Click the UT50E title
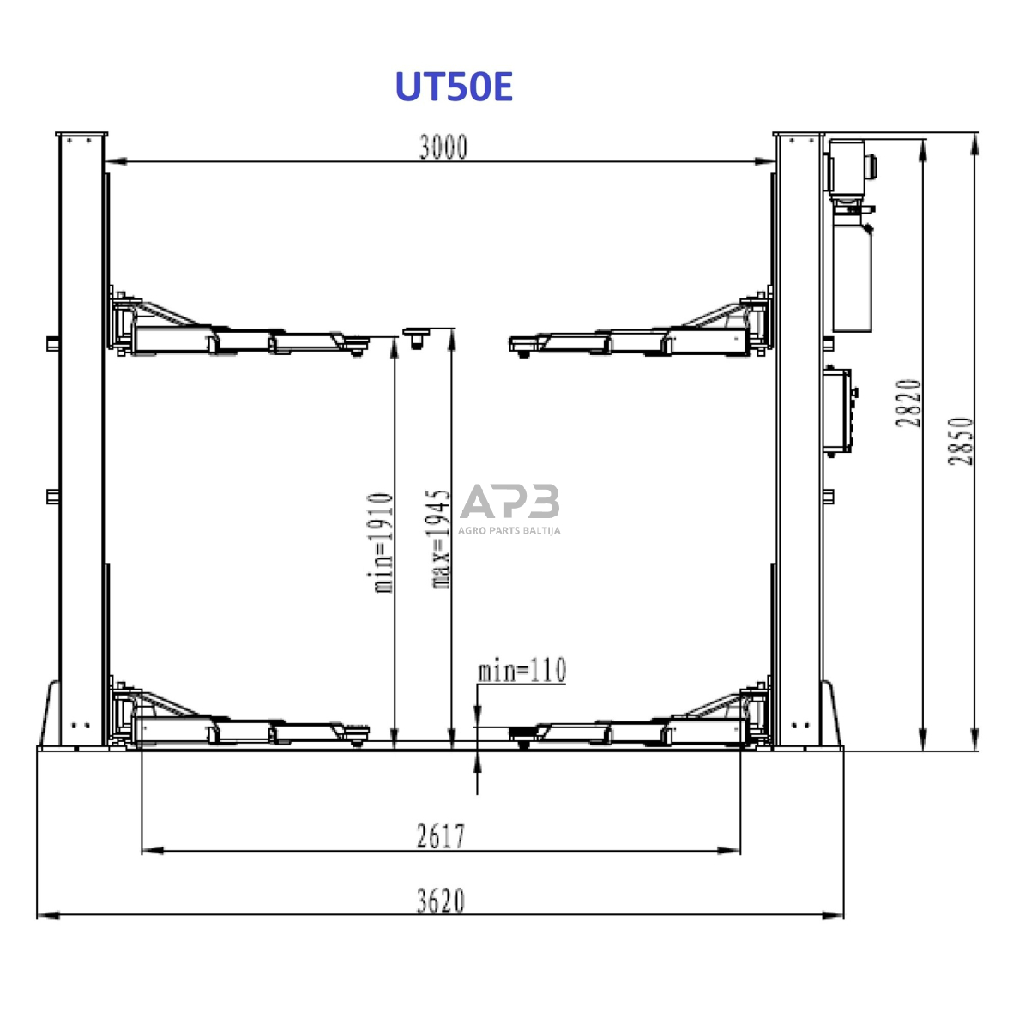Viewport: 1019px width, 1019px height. tap(454, 87)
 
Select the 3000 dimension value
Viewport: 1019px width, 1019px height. tap(443, 148)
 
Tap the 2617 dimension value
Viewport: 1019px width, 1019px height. tap(441, 836)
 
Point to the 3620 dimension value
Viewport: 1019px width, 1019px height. tap(441, 901)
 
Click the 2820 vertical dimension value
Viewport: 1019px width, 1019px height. tap(908, 403)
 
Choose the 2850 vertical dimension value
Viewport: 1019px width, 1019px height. tap(961, 441)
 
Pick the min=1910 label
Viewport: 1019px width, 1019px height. tap(383, 543)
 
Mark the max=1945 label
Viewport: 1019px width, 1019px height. tap(440, 540)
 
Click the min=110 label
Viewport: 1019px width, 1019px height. tap(522, 671)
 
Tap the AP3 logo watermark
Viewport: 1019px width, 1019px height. tap(509, 500)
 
